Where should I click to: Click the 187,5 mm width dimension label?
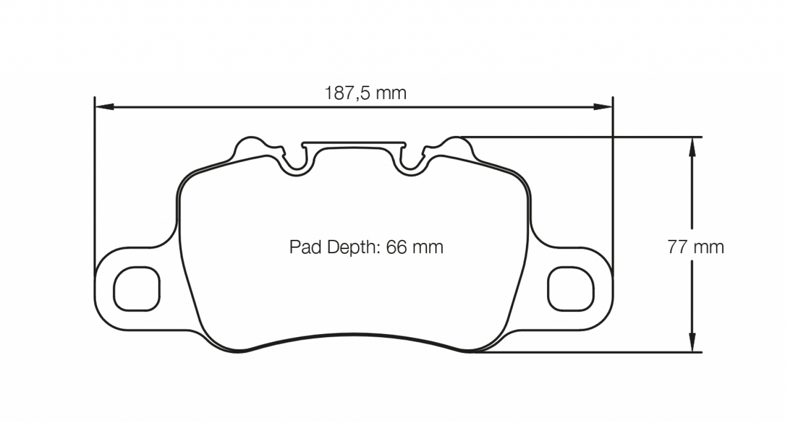(x=365, y=93)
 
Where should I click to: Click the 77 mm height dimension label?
(x=695, y=247)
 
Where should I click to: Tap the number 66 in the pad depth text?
(x=397, y=247)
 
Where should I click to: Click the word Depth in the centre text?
(x=353, y=247)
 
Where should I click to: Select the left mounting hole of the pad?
(x=137, y=289)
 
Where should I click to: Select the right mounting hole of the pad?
(x=571, y=289)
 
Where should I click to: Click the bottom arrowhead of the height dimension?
(x=692, y=344)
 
